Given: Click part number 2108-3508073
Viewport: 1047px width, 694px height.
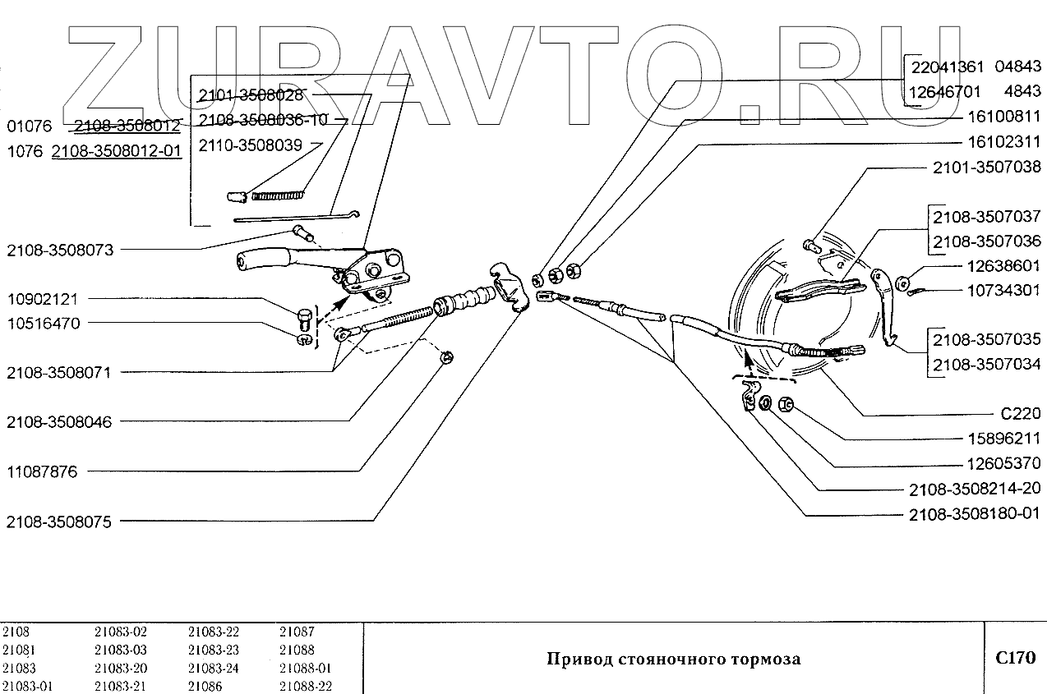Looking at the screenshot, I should pyautogui.click(x=59, y=250).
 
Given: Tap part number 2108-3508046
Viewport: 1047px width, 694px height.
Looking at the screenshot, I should pyautogui.click(x=59, y=422).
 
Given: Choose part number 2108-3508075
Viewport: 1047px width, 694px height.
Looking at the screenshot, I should pyautogui.click(x=59, y=522).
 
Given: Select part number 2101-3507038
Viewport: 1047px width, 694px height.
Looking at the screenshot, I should pyautogui.click(x=986, y=167).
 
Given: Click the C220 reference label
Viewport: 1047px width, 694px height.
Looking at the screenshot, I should pyautogui.click(x=1020, y=414).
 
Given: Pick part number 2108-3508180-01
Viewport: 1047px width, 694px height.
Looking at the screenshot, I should pyautogui.click(x=975, y=514).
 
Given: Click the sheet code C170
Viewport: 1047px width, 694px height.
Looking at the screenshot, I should pyautogui.click(x=1015, y=658).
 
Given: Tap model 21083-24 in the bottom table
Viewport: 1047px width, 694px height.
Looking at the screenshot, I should pyautogui.click(x=213, y=669).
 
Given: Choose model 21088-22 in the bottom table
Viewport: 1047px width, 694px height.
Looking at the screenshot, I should pyautogui.click(x=305, y=687).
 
